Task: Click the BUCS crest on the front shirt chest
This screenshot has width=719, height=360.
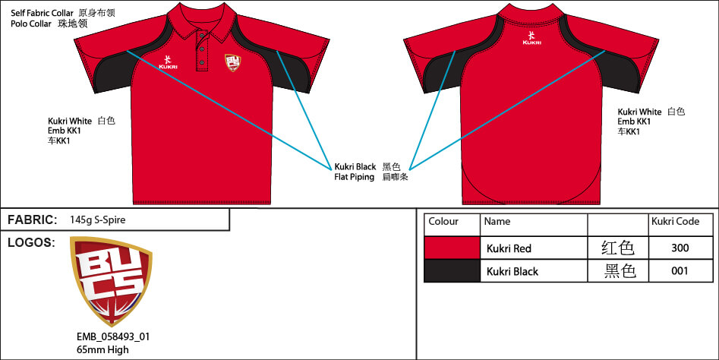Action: coord(232,63)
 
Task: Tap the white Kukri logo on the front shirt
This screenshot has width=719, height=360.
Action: coord(168,62)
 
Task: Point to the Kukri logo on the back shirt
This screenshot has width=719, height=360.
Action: coord(531,38)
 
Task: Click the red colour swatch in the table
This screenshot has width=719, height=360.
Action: coord(452,248)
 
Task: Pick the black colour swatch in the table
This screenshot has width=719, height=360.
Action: coord(452,270)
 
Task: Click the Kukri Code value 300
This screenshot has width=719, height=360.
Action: coord(680,248)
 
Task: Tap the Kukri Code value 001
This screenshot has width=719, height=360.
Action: coord(680,270)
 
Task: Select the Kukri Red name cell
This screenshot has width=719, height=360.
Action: coord(509,248)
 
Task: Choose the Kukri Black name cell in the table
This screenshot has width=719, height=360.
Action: coord(512,271)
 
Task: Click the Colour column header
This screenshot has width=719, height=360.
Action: coord(443,222)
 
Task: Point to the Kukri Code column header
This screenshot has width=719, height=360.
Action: coord(675,222)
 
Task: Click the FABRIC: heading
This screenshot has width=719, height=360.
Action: coord(33,219)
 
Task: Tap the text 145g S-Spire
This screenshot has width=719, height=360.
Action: coord(98,219)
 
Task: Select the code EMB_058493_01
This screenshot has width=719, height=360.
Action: coord(113,336)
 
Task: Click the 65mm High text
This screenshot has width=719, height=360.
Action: coord(102,349)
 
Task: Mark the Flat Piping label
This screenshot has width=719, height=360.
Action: coord(355,177)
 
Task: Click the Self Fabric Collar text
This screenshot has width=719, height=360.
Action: coord(43,13)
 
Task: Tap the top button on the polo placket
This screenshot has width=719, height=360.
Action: coord(202,33)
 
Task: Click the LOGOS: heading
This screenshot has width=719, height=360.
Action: coord(31,242)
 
